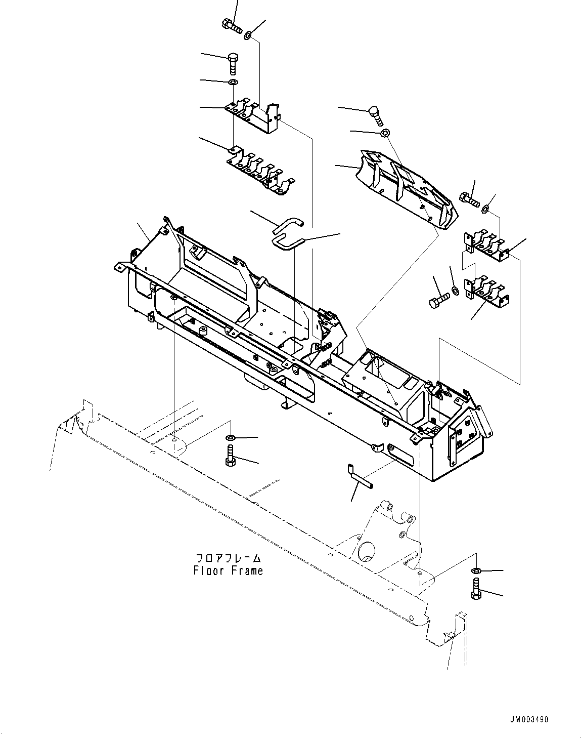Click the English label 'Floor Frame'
228,571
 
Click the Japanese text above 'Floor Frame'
228,558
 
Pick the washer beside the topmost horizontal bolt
248,35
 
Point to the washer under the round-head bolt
385,133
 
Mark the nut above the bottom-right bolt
476,571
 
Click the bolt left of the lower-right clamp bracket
438,300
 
